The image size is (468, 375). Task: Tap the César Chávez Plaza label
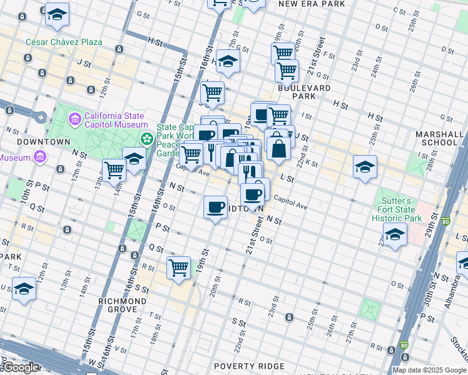[64, 42]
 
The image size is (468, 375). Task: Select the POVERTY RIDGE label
[248, 366]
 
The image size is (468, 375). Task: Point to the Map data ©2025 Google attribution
[429, 370]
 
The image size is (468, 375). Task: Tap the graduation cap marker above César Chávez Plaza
[57, 16]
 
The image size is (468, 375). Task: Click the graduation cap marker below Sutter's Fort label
[395, 234]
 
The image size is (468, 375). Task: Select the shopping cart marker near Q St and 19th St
[178, 267]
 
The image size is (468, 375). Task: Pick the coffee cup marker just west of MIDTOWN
[215, 206]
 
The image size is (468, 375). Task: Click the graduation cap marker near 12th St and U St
[24, 289]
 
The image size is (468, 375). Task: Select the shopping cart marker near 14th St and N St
[114, 168]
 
